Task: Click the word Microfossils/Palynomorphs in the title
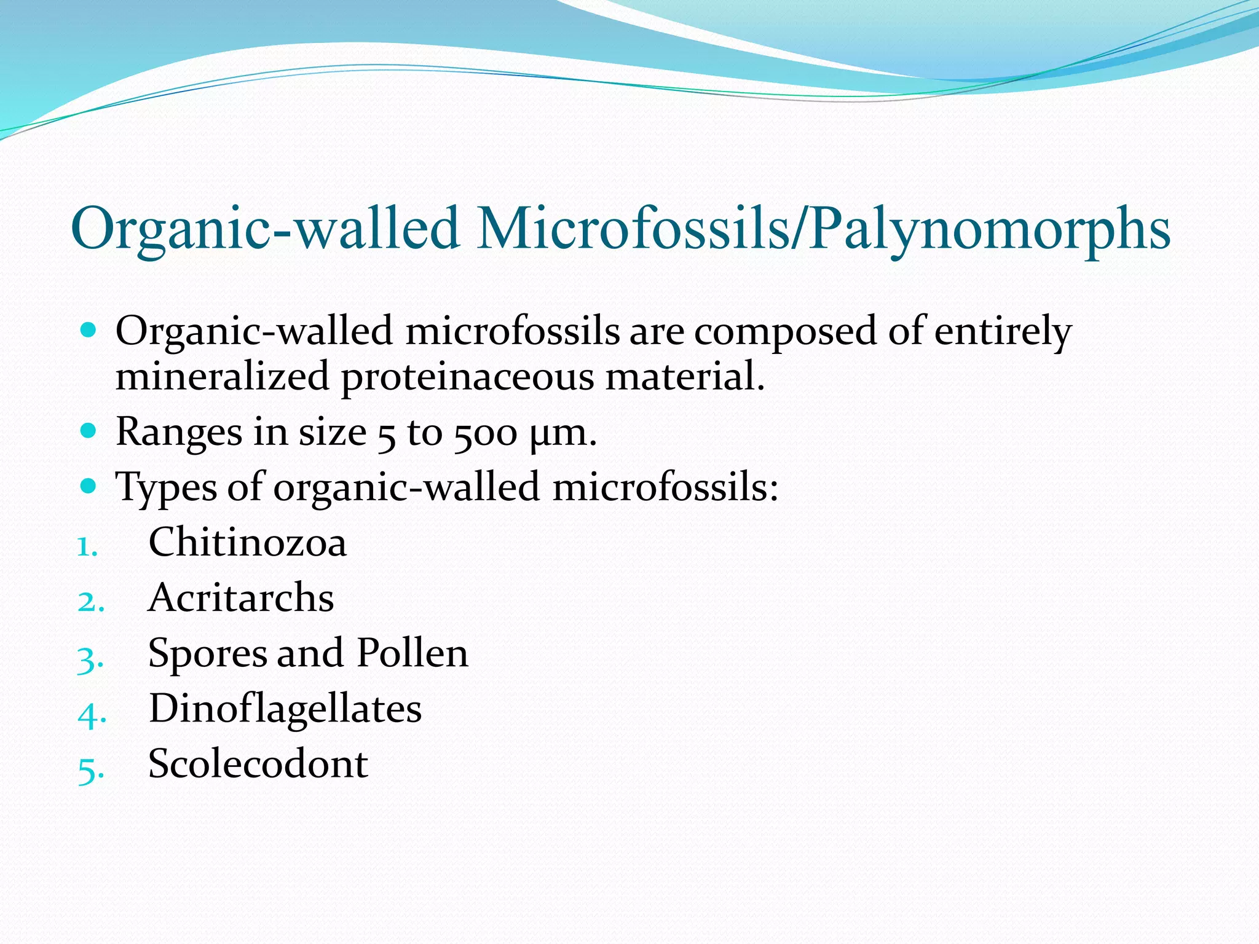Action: coord(824,229)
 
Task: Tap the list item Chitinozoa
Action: coord(248,543)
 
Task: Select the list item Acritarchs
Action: coord(241,597)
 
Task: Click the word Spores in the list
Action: coord(207,654)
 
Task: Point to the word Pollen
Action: coord(412,653)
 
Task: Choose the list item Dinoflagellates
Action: coord(285,709)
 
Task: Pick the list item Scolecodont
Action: coord(258,764)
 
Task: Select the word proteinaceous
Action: coord(468,376)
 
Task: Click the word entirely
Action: coord(1003,332)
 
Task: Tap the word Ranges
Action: coord(179,433)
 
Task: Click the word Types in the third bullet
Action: coord(167,488)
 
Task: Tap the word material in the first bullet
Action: coord(685,376)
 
